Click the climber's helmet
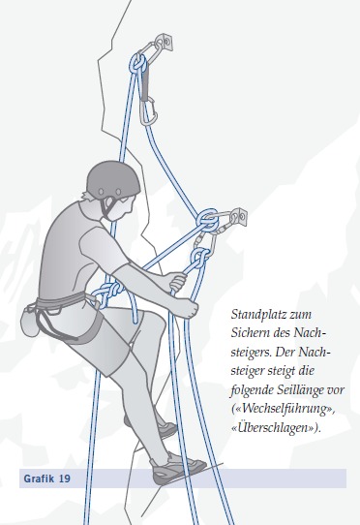(113, 181)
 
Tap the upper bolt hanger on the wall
(165, 43)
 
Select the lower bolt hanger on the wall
(239, 217)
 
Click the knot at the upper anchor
(138, 64)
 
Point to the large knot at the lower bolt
(208, 219)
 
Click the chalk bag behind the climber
(29, 318)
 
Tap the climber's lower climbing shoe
(177, 468)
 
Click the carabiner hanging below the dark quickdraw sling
(149, 110)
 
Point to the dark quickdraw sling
(145, 84)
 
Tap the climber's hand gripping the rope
(176, 283)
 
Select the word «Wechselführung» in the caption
(283, 409)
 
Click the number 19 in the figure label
(65, 479)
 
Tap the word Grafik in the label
(39, 479)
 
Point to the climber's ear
(109, 203)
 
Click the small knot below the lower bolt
(199, 257)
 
